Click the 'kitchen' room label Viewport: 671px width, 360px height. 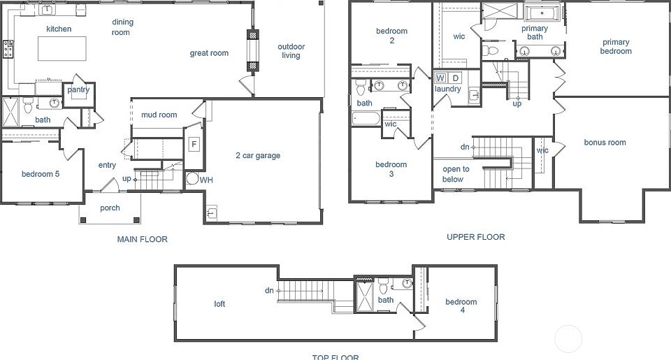(59, 29)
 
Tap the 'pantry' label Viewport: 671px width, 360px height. (78, 90)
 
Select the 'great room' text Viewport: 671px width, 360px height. (209, 53)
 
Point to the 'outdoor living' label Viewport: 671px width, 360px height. (291, 51)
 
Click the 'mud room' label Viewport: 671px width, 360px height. (159, 115)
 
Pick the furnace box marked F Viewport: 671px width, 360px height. (194, 145)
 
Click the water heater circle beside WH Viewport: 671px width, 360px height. (191, 179)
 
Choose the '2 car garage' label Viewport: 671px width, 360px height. (258, 155)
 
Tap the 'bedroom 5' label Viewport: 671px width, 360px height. (40, 174)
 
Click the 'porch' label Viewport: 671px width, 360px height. (110, 208)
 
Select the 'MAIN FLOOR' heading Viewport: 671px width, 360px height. (143, 239)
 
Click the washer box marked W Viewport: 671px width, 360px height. (441, 78)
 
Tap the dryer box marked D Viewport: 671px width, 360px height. (455, 78)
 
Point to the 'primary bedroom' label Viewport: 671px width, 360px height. (616, 46)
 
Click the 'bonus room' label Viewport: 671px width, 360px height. (605, 143)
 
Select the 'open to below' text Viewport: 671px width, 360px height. (456, 174)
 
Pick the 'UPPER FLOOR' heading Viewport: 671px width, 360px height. (475, 237)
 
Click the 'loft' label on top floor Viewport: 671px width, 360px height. (220, 304)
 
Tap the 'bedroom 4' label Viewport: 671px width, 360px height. (461, 306)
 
